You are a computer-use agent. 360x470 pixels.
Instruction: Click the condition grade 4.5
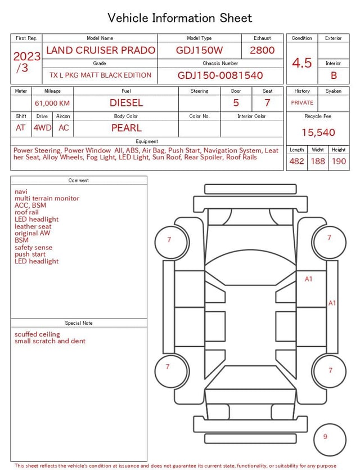pos(302,63)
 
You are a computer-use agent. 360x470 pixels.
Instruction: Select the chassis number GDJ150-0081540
pos(220,75)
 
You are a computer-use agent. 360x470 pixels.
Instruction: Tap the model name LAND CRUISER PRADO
pos(101,50)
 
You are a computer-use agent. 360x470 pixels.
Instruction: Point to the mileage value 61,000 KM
pos(52,103)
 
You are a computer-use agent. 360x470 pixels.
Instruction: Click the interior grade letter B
pos(334,75)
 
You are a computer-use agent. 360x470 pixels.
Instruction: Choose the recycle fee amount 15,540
pos(318,132)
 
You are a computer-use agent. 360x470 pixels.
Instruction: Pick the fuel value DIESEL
pos(126,103)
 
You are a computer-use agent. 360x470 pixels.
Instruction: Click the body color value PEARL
pos(127,128)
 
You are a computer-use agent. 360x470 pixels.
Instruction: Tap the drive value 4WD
pos(42,128)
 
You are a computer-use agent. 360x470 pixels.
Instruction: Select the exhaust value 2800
pos(262,50)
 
